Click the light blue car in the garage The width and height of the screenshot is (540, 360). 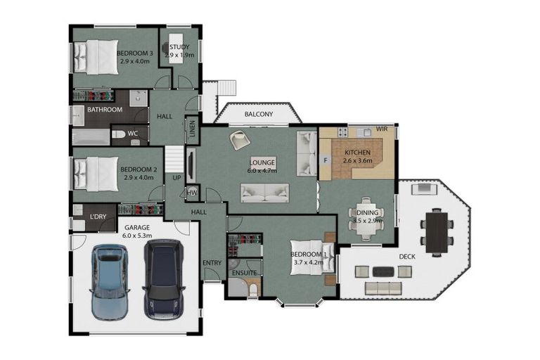(110, 282)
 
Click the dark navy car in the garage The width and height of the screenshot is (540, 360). (164, 280)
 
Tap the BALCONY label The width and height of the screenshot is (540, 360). (259, 114)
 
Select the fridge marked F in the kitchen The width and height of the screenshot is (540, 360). (326, 160)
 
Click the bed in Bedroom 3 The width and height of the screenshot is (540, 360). (96, 57)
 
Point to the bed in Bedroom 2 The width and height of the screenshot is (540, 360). (96, 174)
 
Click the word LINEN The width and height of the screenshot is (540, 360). (192, 129)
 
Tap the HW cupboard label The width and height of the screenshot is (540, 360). (192, 193)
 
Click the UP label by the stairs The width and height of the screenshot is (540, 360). (176, 178)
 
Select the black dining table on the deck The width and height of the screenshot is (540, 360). (437, 232)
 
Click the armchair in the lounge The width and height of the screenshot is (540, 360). (240, 139)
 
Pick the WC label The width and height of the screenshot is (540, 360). (133, 133)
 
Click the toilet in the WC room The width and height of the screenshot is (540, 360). (118, 134)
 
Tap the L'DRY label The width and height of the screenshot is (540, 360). (98, 217)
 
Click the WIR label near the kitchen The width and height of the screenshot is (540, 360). (382, 129)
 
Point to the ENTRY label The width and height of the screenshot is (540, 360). (212, 263)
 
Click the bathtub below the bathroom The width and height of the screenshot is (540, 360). (91, 137)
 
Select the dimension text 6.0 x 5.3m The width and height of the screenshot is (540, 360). (137, 236)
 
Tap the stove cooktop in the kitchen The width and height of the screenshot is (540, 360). (342, 131)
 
